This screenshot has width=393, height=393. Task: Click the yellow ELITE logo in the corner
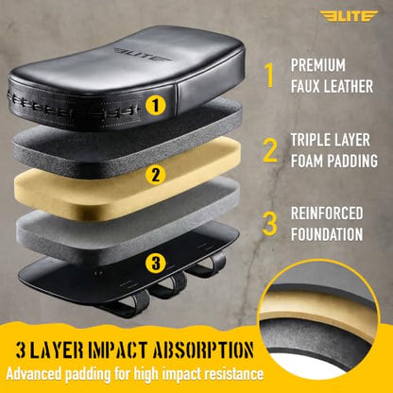point(349,16)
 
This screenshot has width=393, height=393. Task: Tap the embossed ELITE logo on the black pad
point(141,54)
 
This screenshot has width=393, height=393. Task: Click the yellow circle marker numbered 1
point(156,105)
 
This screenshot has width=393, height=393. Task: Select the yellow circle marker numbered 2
point(156,174)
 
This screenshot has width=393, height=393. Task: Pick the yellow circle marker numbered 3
point(156,263)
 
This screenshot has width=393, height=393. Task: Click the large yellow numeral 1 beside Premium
point(269,76)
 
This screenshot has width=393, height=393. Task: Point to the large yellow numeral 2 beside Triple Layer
point(270,150)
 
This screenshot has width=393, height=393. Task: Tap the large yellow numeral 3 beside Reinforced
point(270,224)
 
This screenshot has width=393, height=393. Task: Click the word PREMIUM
point(318,65)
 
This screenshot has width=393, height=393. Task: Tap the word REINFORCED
point(327,214)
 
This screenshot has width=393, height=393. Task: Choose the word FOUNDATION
point(327,234)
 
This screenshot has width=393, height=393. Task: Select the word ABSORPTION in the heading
point(203,350)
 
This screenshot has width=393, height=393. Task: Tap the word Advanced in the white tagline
point(33,374)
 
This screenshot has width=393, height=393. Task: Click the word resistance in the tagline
point(233,374)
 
